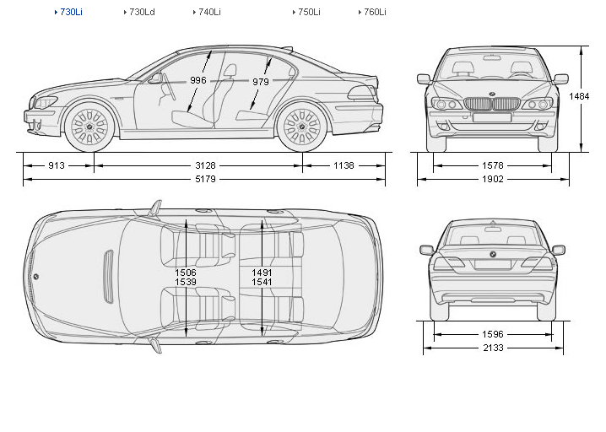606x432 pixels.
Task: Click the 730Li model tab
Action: (x=71, y=13)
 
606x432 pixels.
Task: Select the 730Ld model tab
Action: (x=141, y=13)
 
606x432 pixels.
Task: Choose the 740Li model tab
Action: (x=209, y=13)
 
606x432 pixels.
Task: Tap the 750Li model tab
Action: (x=308, y=13)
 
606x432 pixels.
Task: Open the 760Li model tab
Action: (x=375, y=13)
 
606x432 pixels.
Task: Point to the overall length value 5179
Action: (x=204, y=180)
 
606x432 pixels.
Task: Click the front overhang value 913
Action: (x=56, y=166)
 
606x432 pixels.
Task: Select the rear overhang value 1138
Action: (x=344, y=166)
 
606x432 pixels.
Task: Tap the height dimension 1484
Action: (x=579, y=96)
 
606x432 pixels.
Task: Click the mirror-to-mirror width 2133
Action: (x=492, y=348)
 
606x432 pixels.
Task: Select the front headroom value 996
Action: (x=198, y=80)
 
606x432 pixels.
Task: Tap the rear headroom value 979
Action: (x=260, y=82)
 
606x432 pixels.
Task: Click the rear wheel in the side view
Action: (x=301, y=127)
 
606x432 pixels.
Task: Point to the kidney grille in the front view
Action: (x=492, y=105)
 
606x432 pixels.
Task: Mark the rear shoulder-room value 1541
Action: (x=262, y=283)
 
